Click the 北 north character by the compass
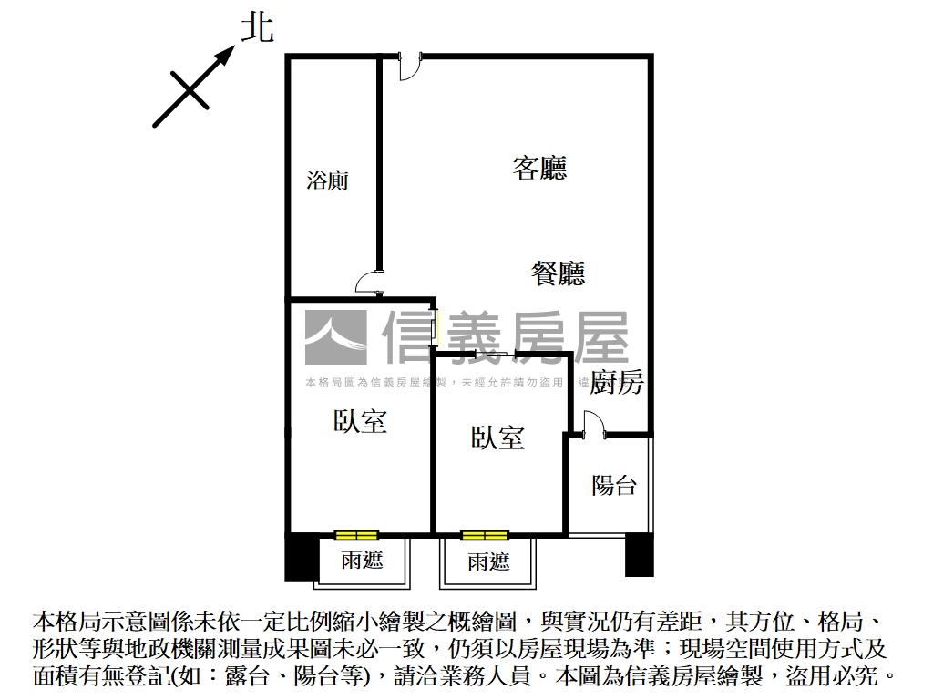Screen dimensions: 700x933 (257, 26)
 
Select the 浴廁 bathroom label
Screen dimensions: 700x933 (328, 180)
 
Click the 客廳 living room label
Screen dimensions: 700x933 (539, 168)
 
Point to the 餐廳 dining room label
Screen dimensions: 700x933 (558, 273)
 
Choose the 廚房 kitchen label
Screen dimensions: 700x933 (617, 383)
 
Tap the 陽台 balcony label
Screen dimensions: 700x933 (614, 485)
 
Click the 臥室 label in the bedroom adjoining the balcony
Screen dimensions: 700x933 (497, 438)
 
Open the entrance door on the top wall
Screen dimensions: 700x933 (409, 67)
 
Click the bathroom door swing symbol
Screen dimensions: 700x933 (369, 282)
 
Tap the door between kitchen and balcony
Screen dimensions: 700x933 (592, 426)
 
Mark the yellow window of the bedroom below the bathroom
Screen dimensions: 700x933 (355, 535)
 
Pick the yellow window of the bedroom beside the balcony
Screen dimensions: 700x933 (483, 535)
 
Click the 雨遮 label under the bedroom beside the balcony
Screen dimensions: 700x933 (488, 561)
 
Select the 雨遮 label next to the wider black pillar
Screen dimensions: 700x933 (362, 561)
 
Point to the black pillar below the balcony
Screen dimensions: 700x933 (639, 555)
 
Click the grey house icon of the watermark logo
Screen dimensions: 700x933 (335, 337)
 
